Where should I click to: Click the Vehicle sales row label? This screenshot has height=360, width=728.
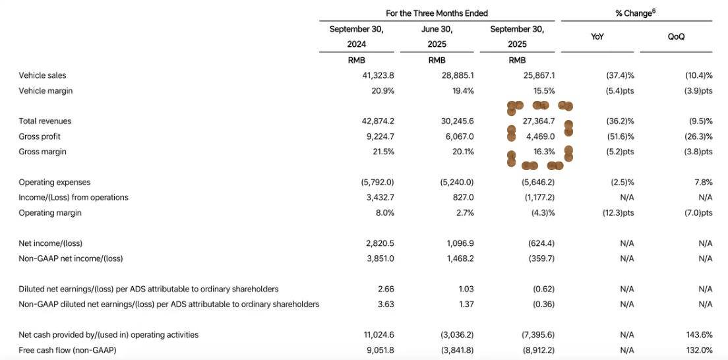pos(42,76)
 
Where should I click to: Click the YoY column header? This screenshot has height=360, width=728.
pos(597,37)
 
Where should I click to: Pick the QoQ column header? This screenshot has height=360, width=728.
pos(676,37)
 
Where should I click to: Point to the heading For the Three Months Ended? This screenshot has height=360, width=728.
pos(437,13)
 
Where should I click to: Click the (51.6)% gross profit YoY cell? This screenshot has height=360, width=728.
pos(620,136)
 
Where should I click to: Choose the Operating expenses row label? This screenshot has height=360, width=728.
pos(55,182)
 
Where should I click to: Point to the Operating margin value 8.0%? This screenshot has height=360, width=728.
pos(384,213)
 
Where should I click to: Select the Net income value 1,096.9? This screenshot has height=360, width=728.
pos(460,243)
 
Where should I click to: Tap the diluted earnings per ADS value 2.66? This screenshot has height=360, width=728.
pos(385,289)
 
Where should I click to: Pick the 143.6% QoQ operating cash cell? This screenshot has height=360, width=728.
pos(700,335)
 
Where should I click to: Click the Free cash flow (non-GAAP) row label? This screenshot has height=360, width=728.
pos(67,350)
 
